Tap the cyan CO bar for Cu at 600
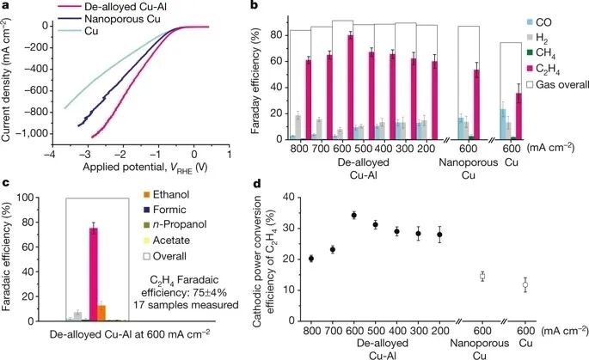click(x=503, y=124)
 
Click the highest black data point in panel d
click(x=353, y=215)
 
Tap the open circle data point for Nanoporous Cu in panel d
click(x=483, y=276)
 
